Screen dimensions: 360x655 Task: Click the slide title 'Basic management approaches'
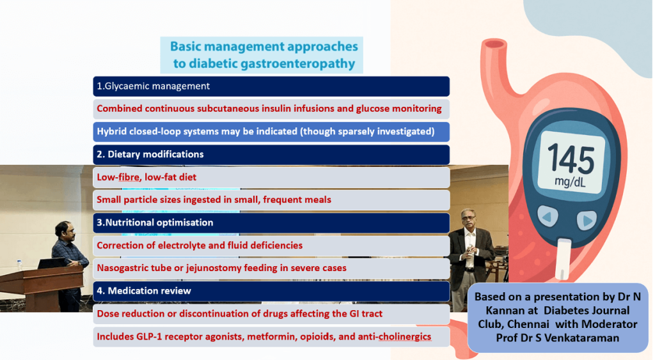click(x=264, y=47)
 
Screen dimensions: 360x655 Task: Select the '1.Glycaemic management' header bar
click(x=271, y=86)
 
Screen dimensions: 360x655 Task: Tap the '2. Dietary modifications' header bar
click(x=271, y=155)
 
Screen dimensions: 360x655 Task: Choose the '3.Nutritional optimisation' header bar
click(x=271, y=223)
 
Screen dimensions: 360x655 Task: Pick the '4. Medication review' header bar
click(x=271, y=291)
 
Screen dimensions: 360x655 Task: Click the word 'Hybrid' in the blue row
click(x=113, y=132)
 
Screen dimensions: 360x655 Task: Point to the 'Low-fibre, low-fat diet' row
click(x=271, y=177)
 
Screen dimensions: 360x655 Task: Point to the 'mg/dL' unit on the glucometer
click(x=570, y=182)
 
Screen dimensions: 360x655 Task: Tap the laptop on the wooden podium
click(x=52, y=263)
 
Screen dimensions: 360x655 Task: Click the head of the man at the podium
click(x=63, y=229)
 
